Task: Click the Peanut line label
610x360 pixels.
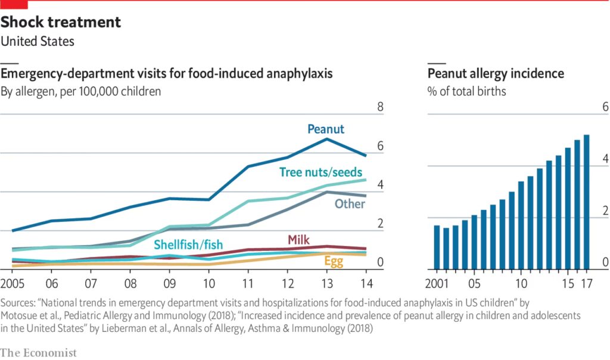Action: click(x=325, y=129)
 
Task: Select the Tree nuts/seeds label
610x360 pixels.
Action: click(x=320, y=172)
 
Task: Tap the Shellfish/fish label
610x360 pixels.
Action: click(x=188, y=244)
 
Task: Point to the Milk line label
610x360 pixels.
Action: click(x=299, y=240)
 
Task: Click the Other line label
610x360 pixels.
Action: click(x=350, y=204)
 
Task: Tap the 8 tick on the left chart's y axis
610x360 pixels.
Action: click(x=381, y=108)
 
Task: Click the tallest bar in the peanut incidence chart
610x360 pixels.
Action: click(x=586, y=201)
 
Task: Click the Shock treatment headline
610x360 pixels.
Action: click(x=61, y=23)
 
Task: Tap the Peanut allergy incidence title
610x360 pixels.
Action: click(x=496, y=73)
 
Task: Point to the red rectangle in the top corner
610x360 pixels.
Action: click(x=14, y=4)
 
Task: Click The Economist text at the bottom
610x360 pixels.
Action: click(x=39, y=353)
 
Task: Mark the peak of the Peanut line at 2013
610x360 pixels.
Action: click(x=327, y=139)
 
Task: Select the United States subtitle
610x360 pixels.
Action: click(x=38, y=42)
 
